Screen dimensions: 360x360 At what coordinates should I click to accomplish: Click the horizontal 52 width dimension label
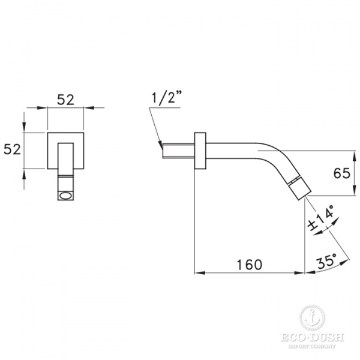65,100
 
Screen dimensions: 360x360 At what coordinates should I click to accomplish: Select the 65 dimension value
342,173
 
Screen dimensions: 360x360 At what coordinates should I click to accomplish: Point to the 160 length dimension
248,264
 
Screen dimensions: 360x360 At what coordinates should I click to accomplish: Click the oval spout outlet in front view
65,196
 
